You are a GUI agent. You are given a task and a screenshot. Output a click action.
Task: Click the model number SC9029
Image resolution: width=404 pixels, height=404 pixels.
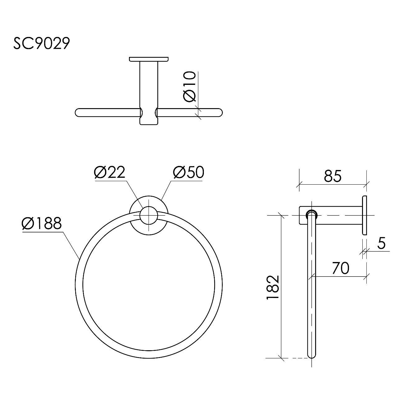42,43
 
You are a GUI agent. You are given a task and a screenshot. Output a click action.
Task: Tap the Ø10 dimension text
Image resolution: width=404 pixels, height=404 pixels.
190,87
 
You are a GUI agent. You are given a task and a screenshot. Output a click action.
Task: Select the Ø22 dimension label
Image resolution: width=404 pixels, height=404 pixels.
110,172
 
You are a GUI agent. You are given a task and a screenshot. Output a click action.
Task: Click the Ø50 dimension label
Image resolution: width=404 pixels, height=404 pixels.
188,172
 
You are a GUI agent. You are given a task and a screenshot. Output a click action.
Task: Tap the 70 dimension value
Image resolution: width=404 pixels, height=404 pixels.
341,268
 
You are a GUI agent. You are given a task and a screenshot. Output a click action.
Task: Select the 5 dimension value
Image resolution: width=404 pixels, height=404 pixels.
382,243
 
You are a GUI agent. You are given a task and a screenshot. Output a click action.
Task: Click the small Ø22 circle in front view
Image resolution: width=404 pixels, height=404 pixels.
149,215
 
